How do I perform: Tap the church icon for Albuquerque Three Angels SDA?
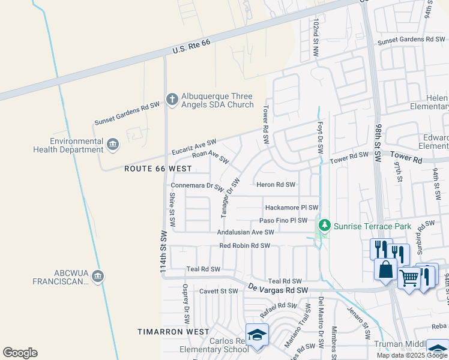point(172,100)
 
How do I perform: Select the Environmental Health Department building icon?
point(112,145)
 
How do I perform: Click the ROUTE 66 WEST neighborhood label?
point(158,169)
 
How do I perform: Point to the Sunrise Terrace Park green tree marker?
point(325,225)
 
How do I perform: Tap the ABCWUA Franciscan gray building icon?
point(98,276)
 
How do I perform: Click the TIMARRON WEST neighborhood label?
point(173,332)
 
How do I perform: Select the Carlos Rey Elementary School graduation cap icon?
point(256,335)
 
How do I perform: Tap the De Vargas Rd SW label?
point(278,290)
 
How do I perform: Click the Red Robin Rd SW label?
point(244,245)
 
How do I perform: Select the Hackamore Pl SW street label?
point(291,208)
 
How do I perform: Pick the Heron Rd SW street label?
point(276,185)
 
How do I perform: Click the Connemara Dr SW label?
point(197,186)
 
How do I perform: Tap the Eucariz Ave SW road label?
point(193,145)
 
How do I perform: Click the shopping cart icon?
point(409,278)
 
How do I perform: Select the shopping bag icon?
point(385,268)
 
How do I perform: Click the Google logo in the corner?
point(20,353)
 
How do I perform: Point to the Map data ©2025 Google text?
point(412,355)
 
